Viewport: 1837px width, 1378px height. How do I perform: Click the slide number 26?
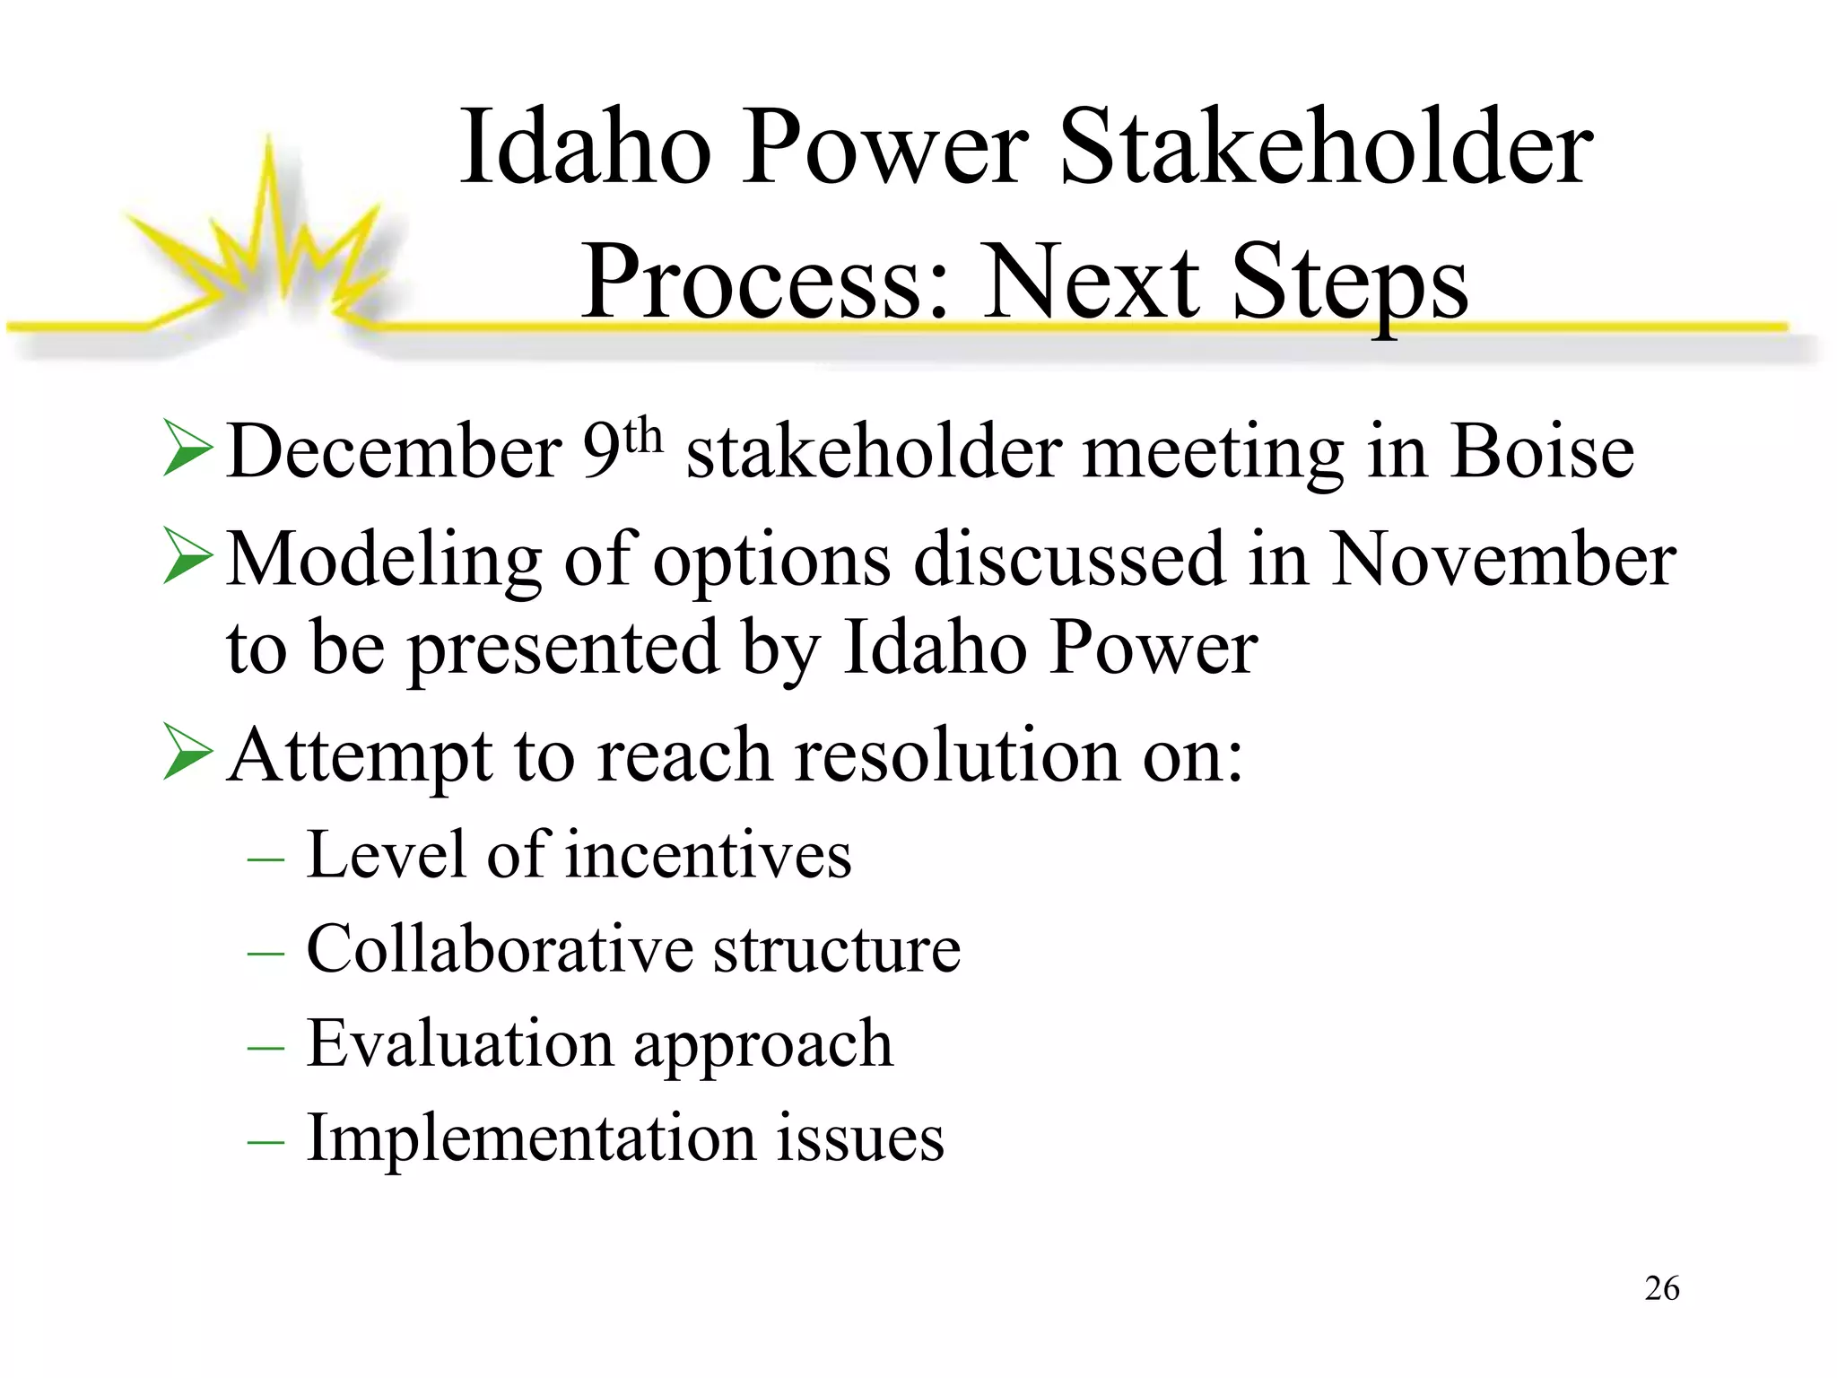click(x=1661, y=1288)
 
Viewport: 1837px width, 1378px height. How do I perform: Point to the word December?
click(x=395, y=451)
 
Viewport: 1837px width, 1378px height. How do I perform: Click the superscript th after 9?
click(x=644, y=437)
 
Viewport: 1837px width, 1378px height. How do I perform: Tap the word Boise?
click(x=1542, y=451)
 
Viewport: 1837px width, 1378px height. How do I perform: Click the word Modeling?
click(x=384, y=559)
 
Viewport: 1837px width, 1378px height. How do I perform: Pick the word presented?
click(x=563, y=649)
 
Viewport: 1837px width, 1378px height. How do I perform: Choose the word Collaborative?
click(x=500, y=949)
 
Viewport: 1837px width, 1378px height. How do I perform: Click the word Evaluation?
click(x=459, y=1043)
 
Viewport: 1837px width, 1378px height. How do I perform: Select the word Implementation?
click(x=531, y=1138)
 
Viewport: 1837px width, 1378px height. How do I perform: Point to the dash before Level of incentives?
click(x=266, y=859)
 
